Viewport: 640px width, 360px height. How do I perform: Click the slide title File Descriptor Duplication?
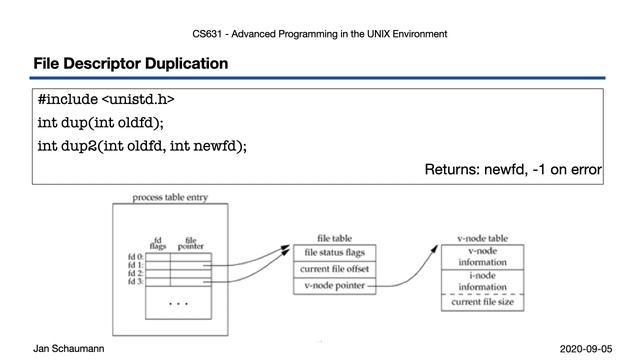coord(130,64)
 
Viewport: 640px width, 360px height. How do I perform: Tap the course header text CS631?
coord(207,34)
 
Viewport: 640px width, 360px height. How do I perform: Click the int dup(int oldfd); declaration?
coord(100,123)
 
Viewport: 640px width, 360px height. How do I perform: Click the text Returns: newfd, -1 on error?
coord(513,169)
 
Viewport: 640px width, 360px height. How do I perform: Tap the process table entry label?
coord(170,198)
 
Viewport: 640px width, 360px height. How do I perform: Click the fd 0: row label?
coord(135,256)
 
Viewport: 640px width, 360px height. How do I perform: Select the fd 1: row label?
coord(135,265)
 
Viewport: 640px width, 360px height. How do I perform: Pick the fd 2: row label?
coord(135,273)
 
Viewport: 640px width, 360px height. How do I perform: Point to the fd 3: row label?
coord(135,282)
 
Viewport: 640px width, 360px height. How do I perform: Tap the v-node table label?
coord(483,239)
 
